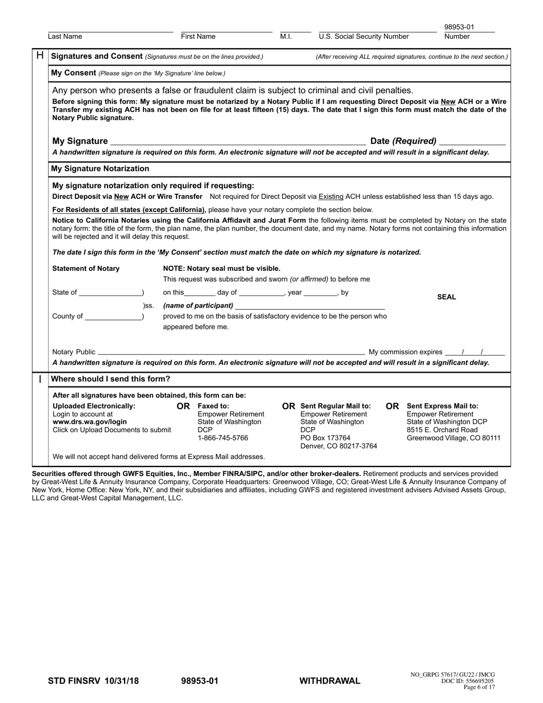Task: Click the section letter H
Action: click(x=40, y=55)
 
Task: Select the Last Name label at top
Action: click(x=65, y=37)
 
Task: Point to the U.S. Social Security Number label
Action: click(x=364, y=37)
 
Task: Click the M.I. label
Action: click(x=286, y=37)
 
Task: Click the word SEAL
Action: click(x=446, y=297)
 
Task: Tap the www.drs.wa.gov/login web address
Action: click(x=90, y=422)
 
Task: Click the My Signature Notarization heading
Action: click(x=100, y=169)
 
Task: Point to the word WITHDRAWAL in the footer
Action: click(x=330, y=681)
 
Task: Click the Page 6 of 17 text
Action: click(x=479, y=687)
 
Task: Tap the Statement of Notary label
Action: click(x=86, y=269)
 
